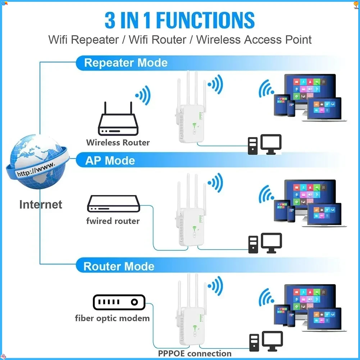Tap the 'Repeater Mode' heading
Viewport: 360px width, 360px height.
point(126,63)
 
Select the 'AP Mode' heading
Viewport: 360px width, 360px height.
point(110,160)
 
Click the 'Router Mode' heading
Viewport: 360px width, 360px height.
point(119,266)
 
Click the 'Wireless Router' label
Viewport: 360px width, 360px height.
point(118,142)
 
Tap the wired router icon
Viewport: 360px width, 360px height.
point(113,204)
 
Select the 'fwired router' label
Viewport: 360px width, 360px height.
point(113,221)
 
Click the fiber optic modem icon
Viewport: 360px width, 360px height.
point(119,302)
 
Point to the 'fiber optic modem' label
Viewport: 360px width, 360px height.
point(112,318)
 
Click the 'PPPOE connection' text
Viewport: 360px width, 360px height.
point(195,354)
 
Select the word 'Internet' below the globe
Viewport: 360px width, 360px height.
point(41,205)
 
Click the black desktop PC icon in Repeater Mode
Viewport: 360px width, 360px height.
point(264,145)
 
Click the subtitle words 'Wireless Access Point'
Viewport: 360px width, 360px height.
point(254,40)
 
